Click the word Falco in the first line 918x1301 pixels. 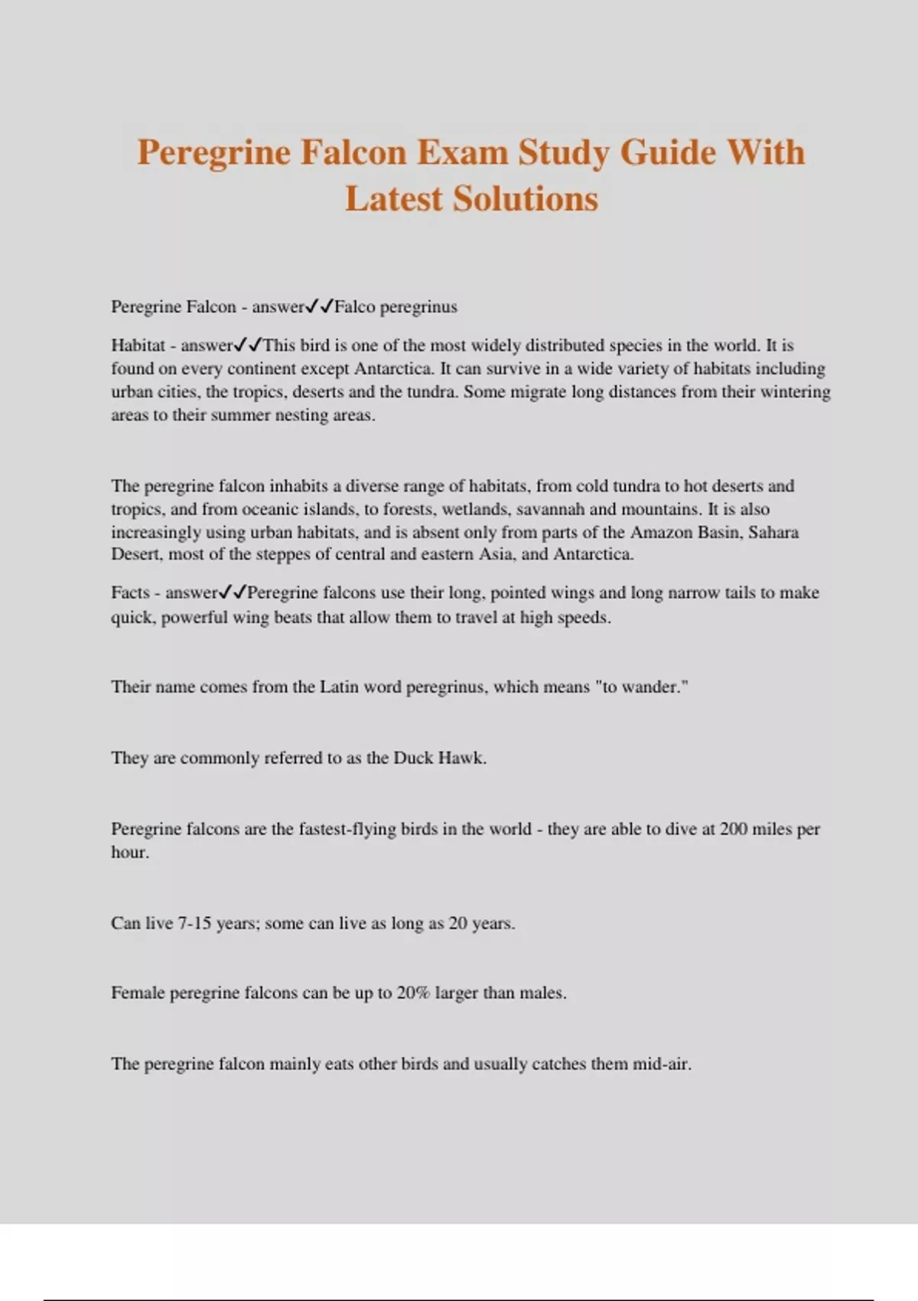click(354, 307)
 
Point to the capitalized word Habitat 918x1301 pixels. click(138, 345)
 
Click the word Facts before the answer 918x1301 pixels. click(130, 592)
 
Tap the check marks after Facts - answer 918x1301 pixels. click(233, 592)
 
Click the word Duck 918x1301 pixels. click(413, 758)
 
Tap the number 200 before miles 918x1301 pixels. click(734, 829)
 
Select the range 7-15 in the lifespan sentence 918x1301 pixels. click(194, 923)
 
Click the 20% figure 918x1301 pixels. click(413, 993)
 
